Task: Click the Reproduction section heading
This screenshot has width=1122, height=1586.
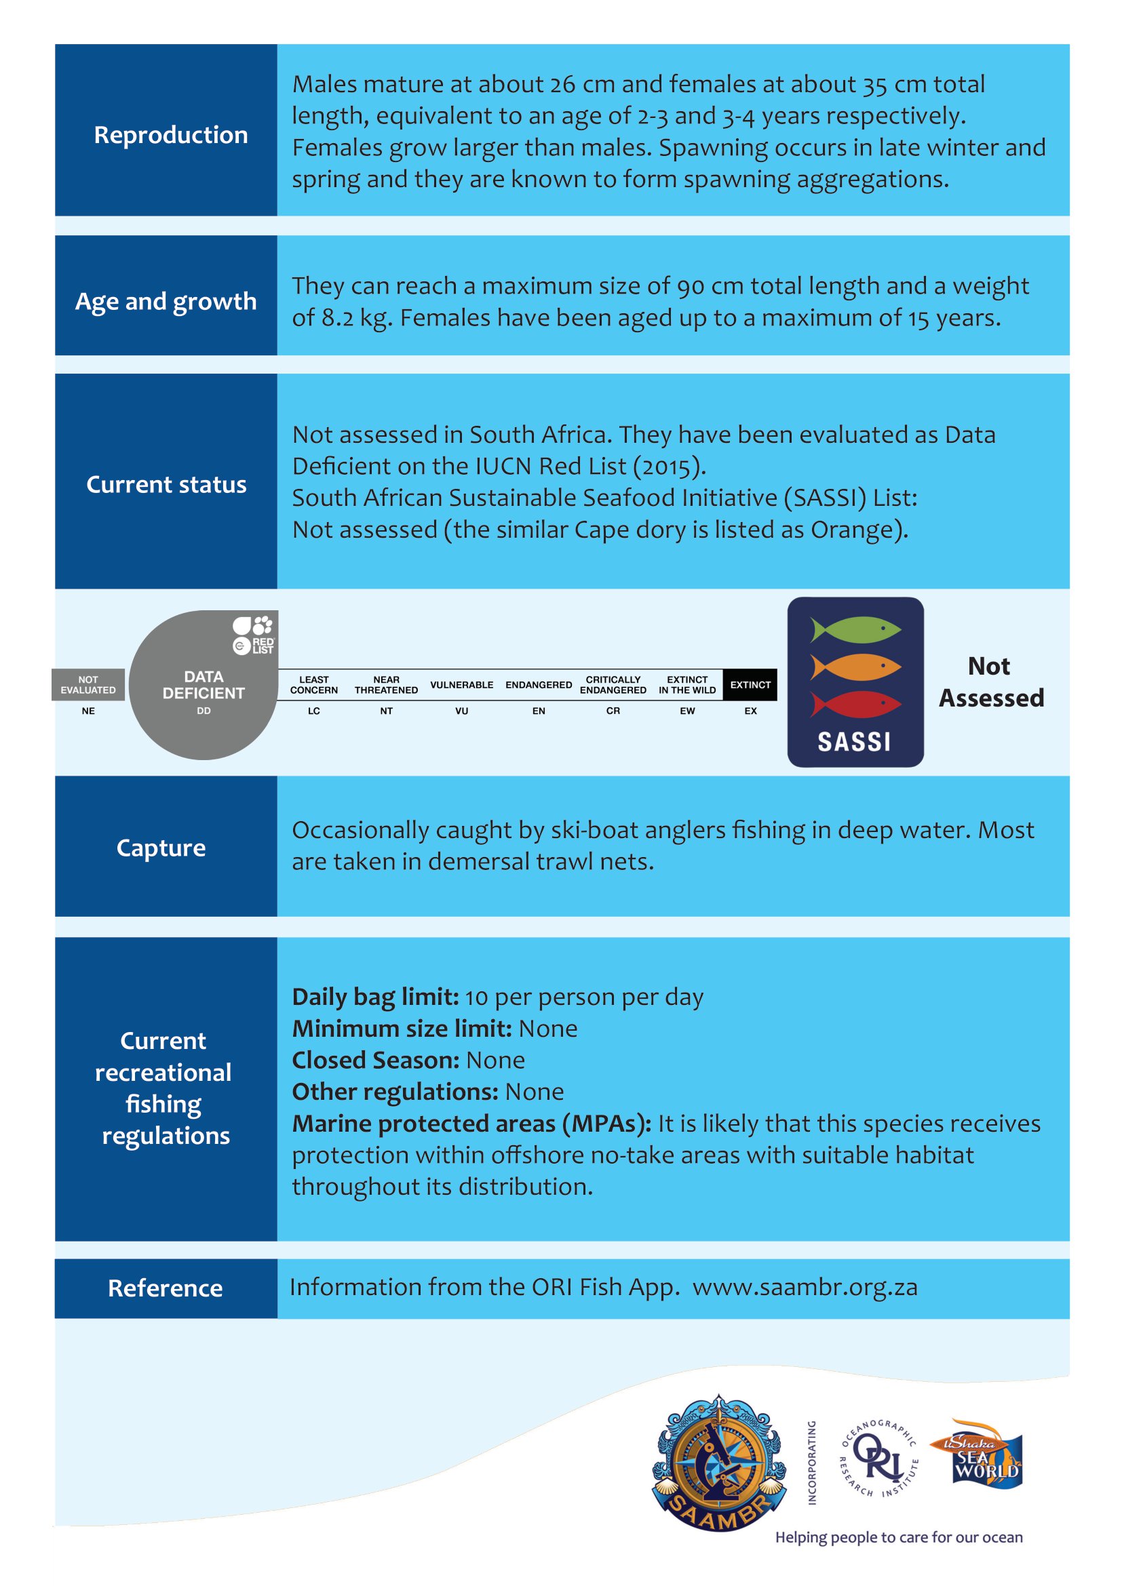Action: click(171, 135)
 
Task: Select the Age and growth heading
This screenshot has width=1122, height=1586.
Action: click(166, 301)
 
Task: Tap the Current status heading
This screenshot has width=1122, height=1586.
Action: click(166, 484)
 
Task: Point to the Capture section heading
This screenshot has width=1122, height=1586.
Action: click(161, 848)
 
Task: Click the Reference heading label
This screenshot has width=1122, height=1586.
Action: click(165, 1288)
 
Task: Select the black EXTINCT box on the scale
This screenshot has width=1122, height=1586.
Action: click(750, 685)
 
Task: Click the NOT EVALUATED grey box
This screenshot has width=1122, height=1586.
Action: click(88, 685)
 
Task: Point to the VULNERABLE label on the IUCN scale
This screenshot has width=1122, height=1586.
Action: click(461, 685)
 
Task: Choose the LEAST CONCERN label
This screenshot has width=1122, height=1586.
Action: click(313, 685)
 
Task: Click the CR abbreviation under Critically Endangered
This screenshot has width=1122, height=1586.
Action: click(613, 711)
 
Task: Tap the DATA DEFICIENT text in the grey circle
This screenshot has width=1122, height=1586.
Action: click(203, 685)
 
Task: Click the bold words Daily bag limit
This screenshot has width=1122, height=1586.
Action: click(375, 997)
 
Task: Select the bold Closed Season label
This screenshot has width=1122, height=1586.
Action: click(375, 1060)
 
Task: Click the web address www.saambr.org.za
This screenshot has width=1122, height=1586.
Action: click(805, 1287)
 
